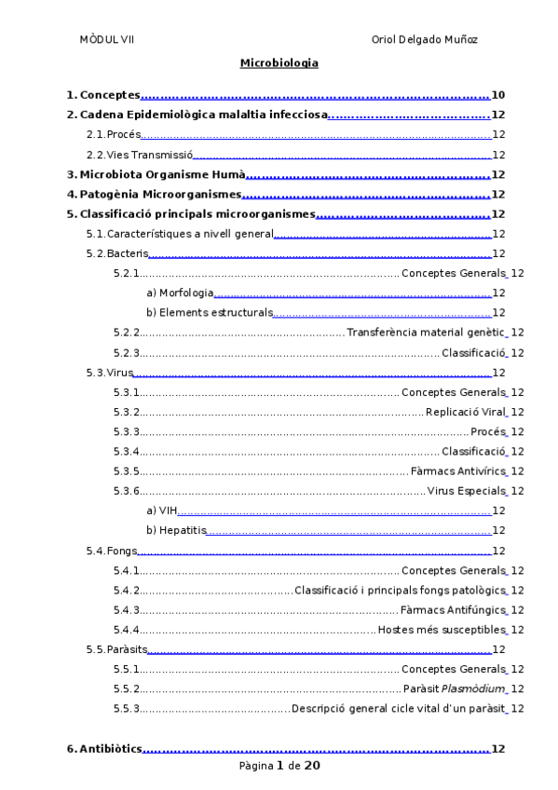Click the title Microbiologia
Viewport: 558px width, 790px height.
pos(279,63)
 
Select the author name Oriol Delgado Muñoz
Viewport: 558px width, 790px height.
pos(424,40)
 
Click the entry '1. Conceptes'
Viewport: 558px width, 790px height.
pos(103,95)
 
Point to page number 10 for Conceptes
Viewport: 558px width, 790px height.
pos(498,95)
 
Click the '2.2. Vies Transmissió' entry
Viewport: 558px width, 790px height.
pos(139,156)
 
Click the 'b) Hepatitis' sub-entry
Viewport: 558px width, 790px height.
pos(176,530)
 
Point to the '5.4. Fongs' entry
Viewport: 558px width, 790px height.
pos(110,552)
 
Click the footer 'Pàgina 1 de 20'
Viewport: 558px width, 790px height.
pos(279,766)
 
